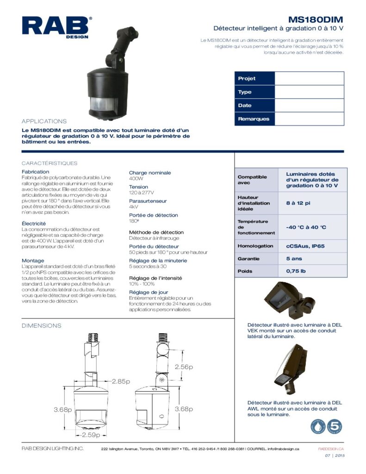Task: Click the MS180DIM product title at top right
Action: (316, 19)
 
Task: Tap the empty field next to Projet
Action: (309, 79)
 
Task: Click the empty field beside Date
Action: (309, 106)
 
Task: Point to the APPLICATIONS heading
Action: (44, 121)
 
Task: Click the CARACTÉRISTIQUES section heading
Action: (50, 163)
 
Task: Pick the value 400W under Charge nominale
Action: (136, 178)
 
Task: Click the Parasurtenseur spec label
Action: (148, 201)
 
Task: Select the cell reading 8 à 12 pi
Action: (298, 203)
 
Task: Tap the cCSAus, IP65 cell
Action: (305, 246)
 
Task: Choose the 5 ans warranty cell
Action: (294, 259)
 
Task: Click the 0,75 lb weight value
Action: (296, 271)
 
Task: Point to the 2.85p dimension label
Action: (121, 381)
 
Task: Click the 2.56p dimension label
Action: (184, 367)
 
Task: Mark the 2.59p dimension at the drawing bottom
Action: (91, 435)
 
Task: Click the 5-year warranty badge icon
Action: (334, 427)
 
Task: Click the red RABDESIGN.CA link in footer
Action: (331, 449)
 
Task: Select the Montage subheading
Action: (33, 261)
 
